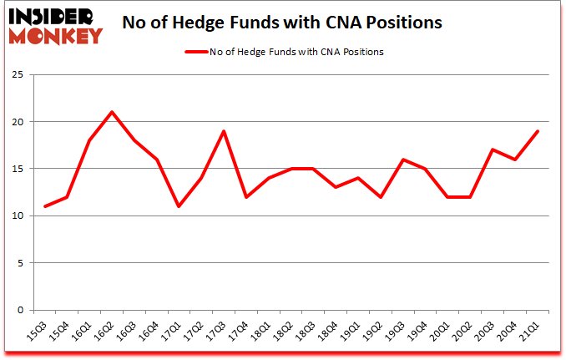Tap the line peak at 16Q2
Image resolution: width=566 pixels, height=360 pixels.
[112, 112]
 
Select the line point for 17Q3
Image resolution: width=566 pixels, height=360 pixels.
[224, 131]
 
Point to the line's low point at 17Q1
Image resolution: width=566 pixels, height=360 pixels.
[179, 206]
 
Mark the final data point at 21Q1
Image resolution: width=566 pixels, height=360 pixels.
[537, 131]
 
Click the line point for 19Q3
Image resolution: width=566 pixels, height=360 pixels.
[402, 160]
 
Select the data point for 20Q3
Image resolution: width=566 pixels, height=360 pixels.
[492, 150]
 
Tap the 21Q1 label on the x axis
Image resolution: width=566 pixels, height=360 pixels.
[531, 332]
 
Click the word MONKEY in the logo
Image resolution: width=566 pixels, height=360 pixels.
[57, 35]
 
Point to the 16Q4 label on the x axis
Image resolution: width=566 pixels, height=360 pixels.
[150, 332]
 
